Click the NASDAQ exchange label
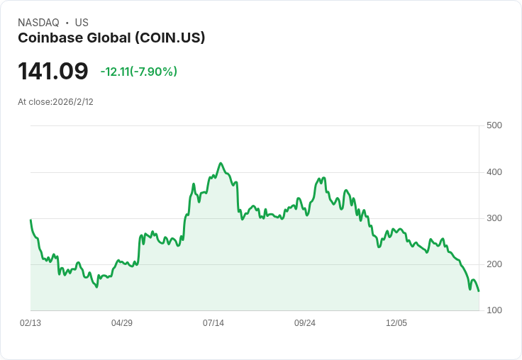click(38, 23)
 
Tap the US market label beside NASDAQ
click(82, 23)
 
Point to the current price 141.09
click(53, 71)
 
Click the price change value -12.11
click(116, 72)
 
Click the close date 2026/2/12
click(73, 102)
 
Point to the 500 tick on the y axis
click(494, 125)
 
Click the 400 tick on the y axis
click(494, 172)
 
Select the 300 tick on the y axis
click(494, 218)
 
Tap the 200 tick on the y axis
click(494, 264)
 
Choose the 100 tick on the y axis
click(494, 310)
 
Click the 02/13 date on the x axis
click(30, 323)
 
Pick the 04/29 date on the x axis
click(122, 323)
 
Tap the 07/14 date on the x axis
click(213, 323)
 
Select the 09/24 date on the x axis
click(305, 323)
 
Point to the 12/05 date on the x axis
click(396, 323)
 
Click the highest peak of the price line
click(221, 163)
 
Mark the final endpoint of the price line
click(479, 291)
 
